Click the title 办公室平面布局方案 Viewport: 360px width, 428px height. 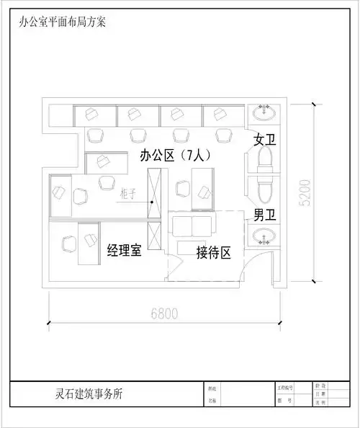pos(63,22)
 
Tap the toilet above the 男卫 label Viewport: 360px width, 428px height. pos(264,190)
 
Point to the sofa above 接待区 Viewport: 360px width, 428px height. pos(193,223)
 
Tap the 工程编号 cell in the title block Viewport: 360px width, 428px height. pos(285,388)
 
